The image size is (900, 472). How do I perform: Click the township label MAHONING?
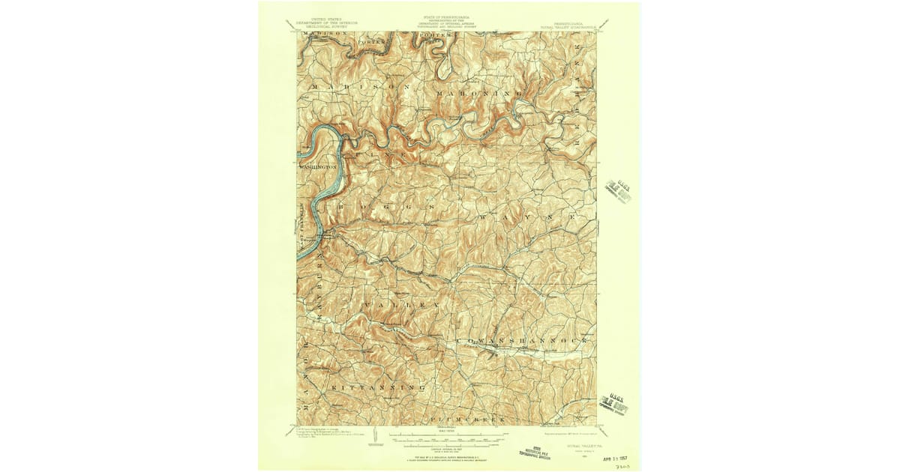click(x=481, y=93)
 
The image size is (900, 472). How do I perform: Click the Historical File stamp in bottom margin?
click(x=536, y=450)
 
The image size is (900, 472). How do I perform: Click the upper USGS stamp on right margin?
click(x=618, y=190)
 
